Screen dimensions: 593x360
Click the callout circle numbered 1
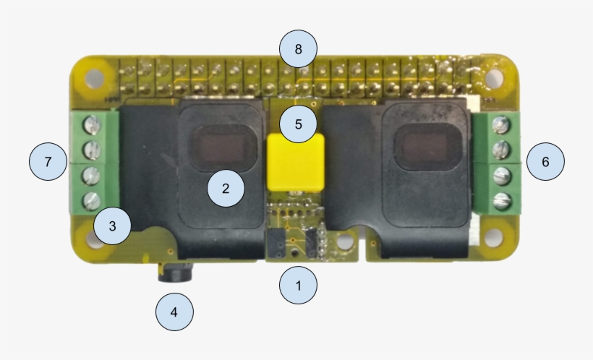pos(298,285)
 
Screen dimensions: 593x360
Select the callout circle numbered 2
pos(226,188)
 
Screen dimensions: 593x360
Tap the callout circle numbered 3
pos(112,226)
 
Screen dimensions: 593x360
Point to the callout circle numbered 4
pos(174,312)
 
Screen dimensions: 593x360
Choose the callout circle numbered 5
pos(298,124)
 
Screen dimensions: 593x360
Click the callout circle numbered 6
pos(545,161)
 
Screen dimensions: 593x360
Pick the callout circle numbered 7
pos(48,161)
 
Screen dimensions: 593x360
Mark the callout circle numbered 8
pos(298,48)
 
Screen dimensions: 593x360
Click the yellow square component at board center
pos(296,162)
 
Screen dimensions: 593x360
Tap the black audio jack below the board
pos(175,273)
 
